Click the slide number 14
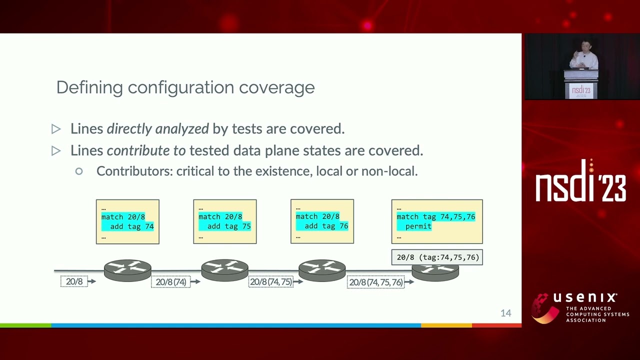click(505, 313)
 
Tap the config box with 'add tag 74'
click(127, 221)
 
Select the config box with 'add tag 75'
click(224, 221)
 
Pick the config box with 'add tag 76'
click(322, 221)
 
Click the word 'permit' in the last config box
click(418, 226)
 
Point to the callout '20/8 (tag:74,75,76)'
click(437, 257)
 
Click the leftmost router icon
click(127, 270)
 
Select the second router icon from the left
click(224, 270)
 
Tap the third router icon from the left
click(322, 270)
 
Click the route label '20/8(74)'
click(170, 282)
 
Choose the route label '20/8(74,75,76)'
click(375, 282)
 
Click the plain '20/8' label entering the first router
click(74, 281)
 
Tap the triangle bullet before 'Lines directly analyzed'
click(56, 129)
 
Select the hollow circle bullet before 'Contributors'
click(79, 171)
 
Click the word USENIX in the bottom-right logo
click(585, 298)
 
